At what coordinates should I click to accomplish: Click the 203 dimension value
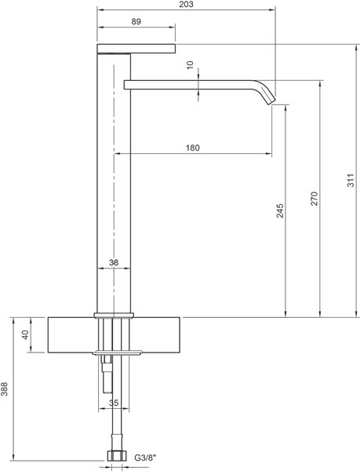[187, 4]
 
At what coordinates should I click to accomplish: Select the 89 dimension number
[136, 22]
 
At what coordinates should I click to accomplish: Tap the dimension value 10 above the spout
[191, 65]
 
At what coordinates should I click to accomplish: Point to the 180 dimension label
[192, 148]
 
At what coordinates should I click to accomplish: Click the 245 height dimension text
[279, 210]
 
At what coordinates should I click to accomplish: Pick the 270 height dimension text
[314, 199]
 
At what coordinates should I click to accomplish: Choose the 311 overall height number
[351, 181]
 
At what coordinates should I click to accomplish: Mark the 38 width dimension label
[114, 262]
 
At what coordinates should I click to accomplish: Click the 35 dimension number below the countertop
[114, 403]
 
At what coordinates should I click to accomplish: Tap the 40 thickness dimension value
[25, 334]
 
